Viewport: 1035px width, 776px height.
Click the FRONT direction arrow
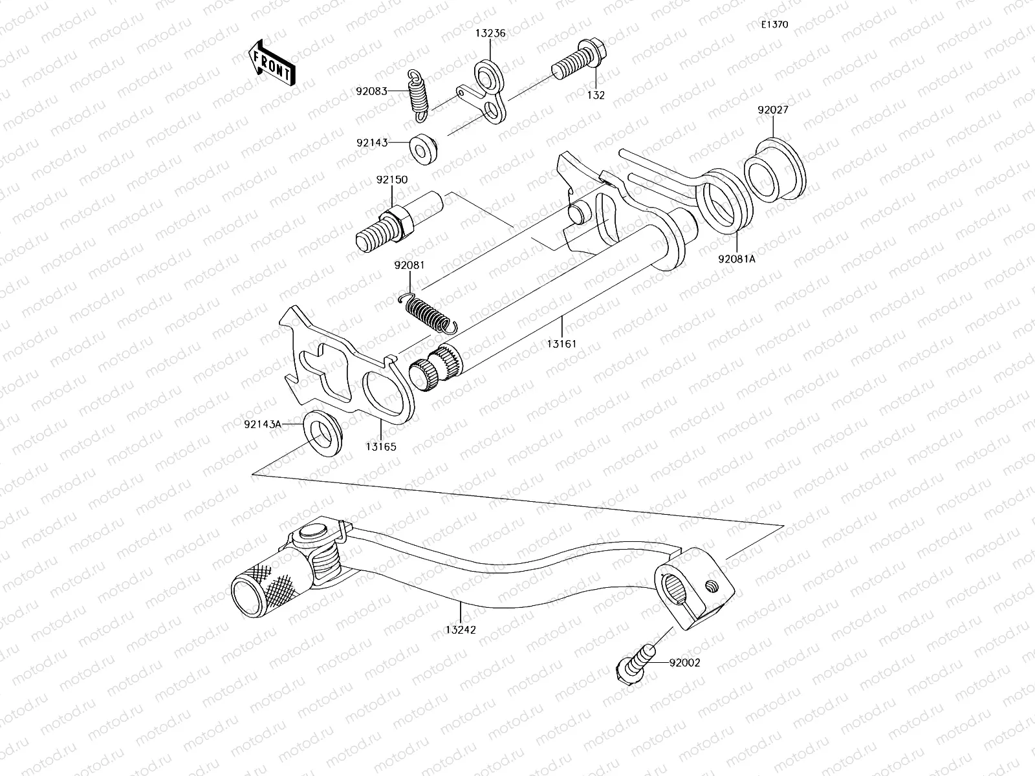point(271,63)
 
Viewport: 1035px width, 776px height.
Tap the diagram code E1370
point(774,25)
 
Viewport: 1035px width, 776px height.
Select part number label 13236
point(491,34)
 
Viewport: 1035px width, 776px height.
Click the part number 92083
point(371,91)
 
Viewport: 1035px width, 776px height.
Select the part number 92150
point(391,180)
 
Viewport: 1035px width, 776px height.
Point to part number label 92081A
point(736,259)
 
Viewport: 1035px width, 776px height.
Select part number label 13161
point(561,343)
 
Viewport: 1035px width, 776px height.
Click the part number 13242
point(461,629)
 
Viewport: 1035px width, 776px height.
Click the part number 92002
point(684,662)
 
